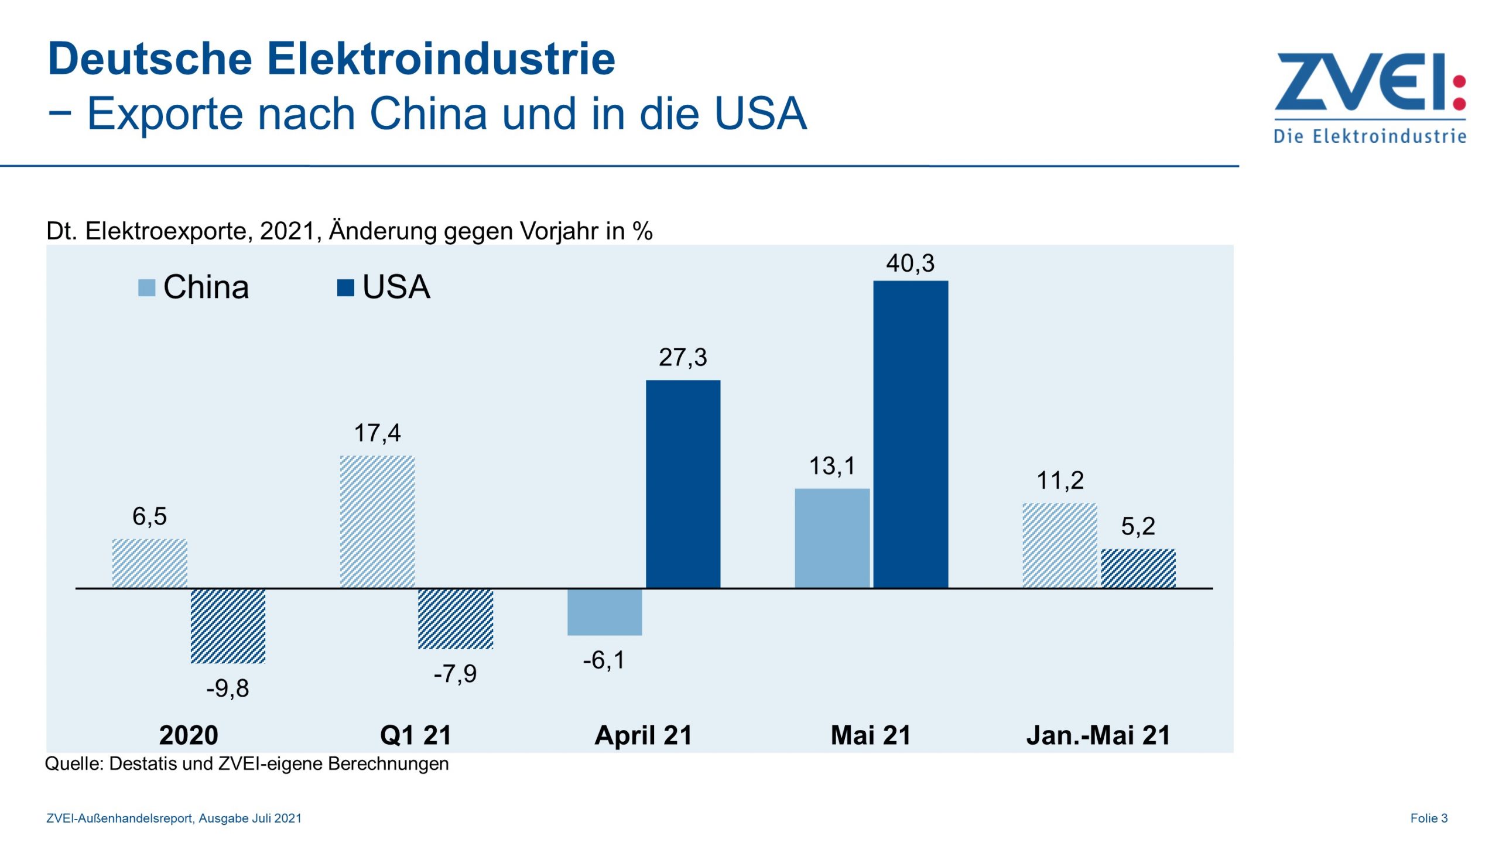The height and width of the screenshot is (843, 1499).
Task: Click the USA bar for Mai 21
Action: (x=911, y=434)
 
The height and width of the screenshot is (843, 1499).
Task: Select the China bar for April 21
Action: (x=604, y=612)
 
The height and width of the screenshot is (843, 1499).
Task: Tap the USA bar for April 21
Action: (x=683, y=484)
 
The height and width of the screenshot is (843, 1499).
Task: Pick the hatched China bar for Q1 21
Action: (x=377, y=521)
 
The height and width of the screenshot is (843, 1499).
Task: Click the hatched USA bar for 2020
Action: (x=228, y=626)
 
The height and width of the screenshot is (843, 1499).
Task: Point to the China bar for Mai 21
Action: (x=832, y=538)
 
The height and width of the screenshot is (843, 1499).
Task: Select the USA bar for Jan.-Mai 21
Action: (x=1138, y=568)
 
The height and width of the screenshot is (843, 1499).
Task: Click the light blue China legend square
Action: (x=146, y=287)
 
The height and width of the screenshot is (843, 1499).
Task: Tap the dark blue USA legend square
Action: (x=345, y=287)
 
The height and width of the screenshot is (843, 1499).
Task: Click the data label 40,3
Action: (x=910, y=263)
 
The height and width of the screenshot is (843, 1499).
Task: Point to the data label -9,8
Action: (x=227, y=688)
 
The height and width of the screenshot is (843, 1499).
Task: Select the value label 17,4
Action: (x=377, y=433)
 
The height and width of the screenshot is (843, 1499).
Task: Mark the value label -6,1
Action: (x=604, y=660)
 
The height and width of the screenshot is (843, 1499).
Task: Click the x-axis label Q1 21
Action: (x=416, y=735)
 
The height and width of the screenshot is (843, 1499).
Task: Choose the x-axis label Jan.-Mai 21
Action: (x=1098, y=735)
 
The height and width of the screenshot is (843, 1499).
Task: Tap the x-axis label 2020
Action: (x=189, y=735)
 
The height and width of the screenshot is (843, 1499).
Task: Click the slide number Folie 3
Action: (x=1429, y=818)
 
